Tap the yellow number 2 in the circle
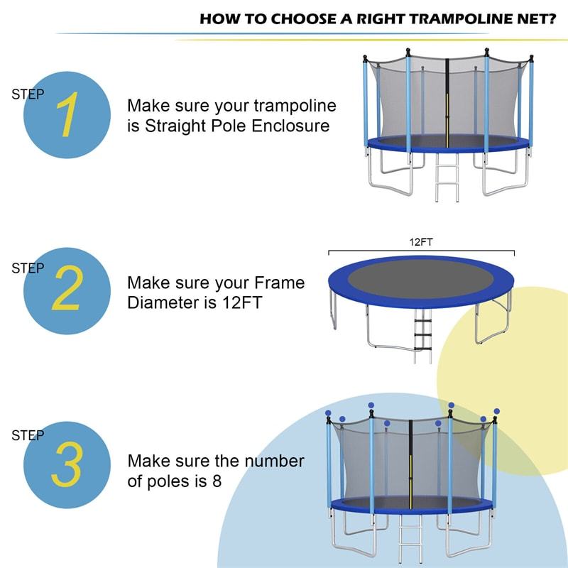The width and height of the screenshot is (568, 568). pos(67,290)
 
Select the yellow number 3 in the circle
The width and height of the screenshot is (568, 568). pos(67,464)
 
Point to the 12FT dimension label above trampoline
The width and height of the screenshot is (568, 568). pos(420,242)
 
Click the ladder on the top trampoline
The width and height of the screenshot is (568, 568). pos(446,178)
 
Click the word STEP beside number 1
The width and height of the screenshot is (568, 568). pos(28,94)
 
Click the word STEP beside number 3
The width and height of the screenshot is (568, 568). pos(28,435)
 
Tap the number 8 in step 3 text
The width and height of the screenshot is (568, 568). pos(217,481)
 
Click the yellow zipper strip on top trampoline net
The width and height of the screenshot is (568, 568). pos(448,106)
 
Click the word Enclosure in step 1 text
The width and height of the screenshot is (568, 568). pos(292,126)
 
